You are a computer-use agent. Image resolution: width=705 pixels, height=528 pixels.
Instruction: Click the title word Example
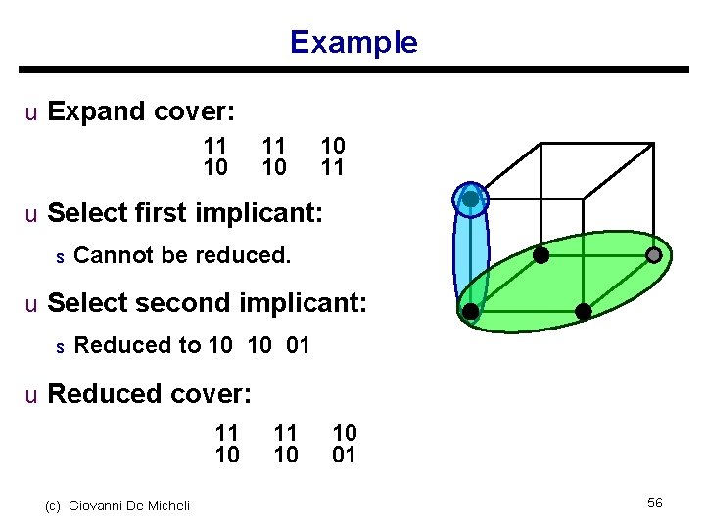tap(353, 42)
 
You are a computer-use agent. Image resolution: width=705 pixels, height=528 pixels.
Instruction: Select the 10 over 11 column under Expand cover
tap(333, 156)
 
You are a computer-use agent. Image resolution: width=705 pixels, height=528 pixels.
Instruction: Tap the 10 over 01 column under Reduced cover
tap(345, 443)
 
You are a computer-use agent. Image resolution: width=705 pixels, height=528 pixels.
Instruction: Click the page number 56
tap(655, 503)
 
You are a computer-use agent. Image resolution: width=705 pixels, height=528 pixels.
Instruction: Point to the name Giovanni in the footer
tap(102, 506)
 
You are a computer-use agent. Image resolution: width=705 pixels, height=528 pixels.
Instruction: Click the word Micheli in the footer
tap(168, 506)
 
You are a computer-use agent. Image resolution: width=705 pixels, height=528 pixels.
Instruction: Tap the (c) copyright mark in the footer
tap(53, 506)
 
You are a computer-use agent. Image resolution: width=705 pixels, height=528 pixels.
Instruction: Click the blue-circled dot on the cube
tap(471, 199)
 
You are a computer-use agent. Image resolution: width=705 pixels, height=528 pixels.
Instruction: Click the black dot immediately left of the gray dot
tap(540, 255)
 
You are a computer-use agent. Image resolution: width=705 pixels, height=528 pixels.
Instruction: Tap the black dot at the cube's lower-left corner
tap(471, 312)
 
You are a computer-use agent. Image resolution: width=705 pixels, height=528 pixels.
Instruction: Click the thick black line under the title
tap(352, 70)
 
